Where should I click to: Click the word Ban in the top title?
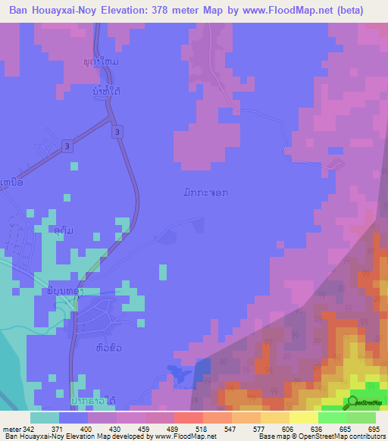[20, 11]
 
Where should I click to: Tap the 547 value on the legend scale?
[230, 428]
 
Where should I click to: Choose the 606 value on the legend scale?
[288, 428]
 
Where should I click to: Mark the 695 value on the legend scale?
[373, 428]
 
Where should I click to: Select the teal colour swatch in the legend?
[45, 418]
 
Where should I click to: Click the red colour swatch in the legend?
[189, 418]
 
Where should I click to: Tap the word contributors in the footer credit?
[365, 436]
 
